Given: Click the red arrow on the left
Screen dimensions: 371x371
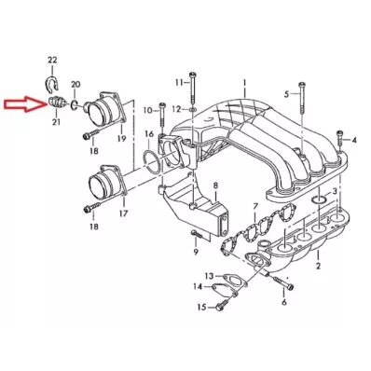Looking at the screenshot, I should (x=21, y=103).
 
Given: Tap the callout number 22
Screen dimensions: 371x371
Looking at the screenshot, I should (x=51, y=60).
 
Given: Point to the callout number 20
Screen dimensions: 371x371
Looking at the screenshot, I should (x=76, y=85).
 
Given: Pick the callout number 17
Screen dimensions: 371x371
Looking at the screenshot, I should (x=122, y=213).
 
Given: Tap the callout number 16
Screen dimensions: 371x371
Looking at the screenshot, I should (x=149, y=134).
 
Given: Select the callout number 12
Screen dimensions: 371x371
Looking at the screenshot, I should (x=175, y=110).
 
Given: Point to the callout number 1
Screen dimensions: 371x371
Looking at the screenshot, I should (x=245, y=84).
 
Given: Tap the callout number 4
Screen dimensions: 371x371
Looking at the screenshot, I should (x=355, y=140).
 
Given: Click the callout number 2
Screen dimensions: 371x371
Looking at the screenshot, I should (x=317, y=266).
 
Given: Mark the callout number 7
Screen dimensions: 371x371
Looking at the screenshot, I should (x=256, y=204).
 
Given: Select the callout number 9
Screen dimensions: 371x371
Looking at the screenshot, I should (x=196, y=252).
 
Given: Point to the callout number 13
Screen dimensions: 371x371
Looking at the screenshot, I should (x=209, y=276).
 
